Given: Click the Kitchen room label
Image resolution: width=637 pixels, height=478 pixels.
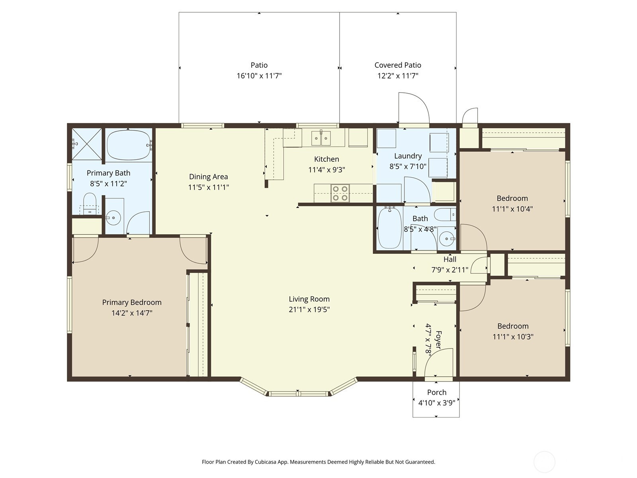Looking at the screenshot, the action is (326, 159).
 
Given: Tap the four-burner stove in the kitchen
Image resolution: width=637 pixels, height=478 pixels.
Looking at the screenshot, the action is (340, 193).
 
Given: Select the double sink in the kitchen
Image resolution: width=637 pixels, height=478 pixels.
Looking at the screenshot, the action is (321, 138).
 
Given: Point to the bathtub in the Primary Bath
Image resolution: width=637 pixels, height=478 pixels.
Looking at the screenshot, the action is (129, 145).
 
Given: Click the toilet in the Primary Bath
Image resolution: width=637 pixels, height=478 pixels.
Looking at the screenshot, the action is (90, 204).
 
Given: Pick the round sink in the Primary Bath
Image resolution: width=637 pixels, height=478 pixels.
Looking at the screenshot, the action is (113, 217).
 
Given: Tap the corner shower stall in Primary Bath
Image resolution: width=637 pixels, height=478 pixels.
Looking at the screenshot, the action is (86, 144).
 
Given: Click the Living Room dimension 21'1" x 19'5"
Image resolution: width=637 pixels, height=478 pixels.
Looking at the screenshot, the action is (309, 310).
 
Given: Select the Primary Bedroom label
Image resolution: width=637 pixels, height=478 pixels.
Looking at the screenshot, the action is (132, 302).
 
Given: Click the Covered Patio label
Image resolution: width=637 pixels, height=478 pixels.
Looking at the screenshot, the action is (398, 65).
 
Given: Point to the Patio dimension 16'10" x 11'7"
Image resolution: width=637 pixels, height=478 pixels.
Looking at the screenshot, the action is (259, 76).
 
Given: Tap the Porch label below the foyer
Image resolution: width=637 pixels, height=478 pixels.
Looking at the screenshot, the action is (437, 392).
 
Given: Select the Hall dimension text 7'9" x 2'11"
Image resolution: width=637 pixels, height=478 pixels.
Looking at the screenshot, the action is (450, 270).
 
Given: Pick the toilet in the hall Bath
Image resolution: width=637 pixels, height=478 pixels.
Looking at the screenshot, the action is (445, 214).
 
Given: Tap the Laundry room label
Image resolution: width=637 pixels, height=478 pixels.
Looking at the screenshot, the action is (408, 156).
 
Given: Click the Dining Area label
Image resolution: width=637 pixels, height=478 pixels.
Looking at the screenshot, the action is (208, 176).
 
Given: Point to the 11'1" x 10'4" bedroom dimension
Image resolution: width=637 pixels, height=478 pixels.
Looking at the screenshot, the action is (512, 209).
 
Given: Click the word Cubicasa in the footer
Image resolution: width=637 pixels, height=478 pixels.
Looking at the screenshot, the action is (265, 462).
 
